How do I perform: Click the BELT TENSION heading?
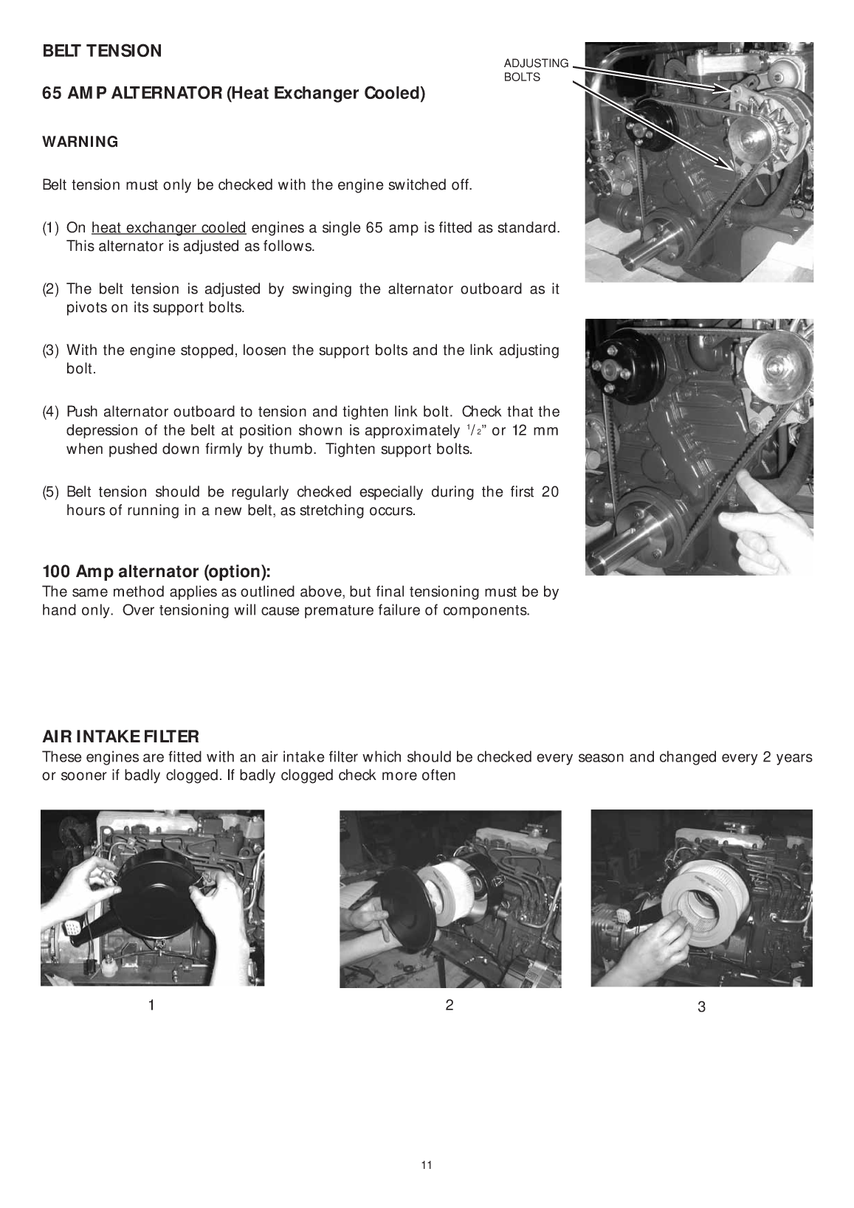(102, 51)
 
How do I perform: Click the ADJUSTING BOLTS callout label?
(536, 70)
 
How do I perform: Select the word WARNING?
(80, 142)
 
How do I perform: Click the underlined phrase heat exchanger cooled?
(168, 227)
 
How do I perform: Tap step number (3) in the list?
(51, 350)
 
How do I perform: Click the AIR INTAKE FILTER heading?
(120, 736)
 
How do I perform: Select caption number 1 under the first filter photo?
(151, 1005)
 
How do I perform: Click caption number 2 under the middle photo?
(449, 1004)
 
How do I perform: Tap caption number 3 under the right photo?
(701, 1007)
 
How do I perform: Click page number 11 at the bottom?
(427, 1165)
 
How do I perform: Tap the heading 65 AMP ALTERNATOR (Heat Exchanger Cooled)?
(233, 94)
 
